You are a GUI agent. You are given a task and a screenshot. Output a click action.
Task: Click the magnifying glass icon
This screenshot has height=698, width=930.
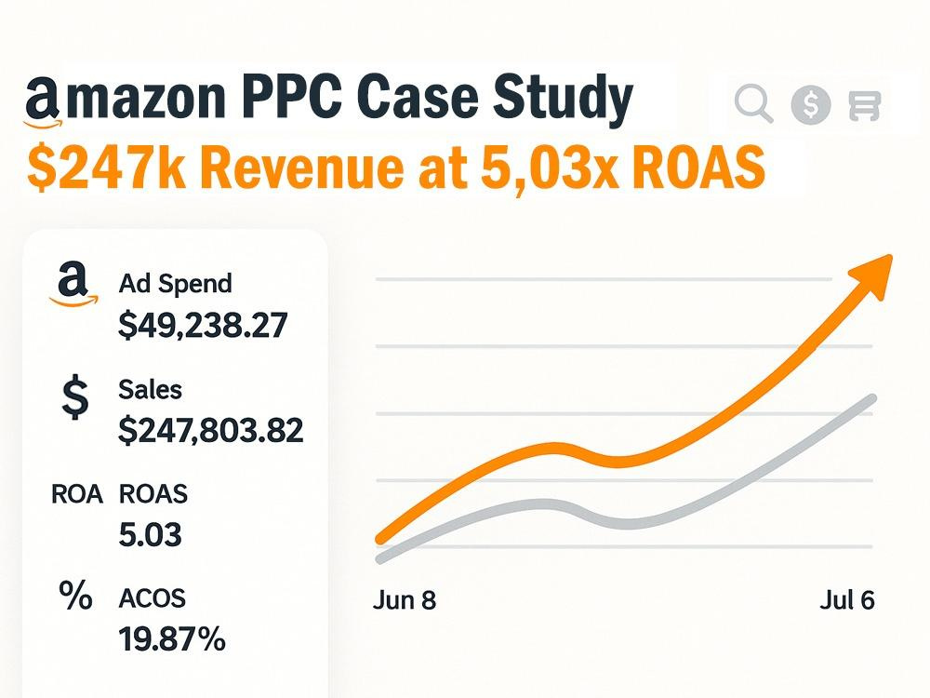pos(753,103)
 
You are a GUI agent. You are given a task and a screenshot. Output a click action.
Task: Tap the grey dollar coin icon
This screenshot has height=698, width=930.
pos(810,105)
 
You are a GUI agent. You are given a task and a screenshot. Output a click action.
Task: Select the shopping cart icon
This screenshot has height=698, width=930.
pos(864,106)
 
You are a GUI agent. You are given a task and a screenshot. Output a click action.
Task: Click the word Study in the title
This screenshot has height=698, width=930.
pos(564,100)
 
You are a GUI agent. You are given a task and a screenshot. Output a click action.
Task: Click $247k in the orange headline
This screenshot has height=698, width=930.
pos(106,167)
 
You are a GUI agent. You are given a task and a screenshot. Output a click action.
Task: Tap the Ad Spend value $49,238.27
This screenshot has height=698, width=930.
pos(203,325)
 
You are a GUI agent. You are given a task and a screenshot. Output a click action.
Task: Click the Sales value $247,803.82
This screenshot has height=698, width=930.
pos(210,430)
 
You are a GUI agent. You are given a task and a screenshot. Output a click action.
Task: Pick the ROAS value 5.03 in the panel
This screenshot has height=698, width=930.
pos(150,534)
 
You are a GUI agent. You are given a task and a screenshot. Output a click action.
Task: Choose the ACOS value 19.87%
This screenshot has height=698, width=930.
pos(172,638)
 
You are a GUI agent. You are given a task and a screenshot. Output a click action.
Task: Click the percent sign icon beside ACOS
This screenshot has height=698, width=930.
pos(75,596)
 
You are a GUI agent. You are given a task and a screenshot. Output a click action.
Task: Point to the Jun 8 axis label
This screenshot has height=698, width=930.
pos(405,600)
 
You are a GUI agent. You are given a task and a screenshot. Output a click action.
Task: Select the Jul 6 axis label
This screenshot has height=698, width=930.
pos(847,600)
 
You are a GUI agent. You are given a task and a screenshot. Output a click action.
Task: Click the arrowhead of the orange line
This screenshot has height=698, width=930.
pos(872,275)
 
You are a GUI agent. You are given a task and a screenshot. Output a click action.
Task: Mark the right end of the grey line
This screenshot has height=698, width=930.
pos(872,397)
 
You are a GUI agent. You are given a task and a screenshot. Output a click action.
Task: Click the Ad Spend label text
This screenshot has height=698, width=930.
pos(175,284)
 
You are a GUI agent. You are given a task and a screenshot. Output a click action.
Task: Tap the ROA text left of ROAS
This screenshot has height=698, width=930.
pos(77,494)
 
